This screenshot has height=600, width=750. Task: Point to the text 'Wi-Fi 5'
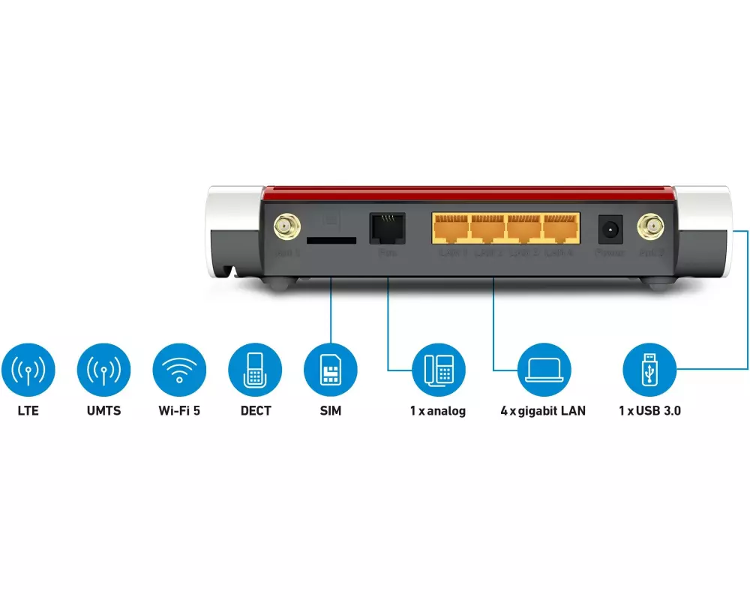point(179,411)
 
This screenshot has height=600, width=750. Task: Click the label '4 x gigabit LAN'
point(543,411)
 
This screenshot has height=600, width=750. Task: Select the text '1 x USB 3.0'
point(649,411)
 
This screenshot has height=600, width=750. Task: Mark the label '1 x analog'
point(437,411)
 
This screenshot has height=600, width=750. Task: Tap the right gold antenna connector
point(649,226)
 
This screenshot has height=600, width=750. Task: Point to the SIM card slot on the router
point(331,241)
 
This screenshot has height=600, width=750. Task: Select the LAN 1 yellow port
point(451,228)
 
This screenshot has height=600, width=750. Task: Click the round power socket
point(609,228)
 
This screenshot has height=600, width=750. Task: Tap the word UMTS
point(103,411)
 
